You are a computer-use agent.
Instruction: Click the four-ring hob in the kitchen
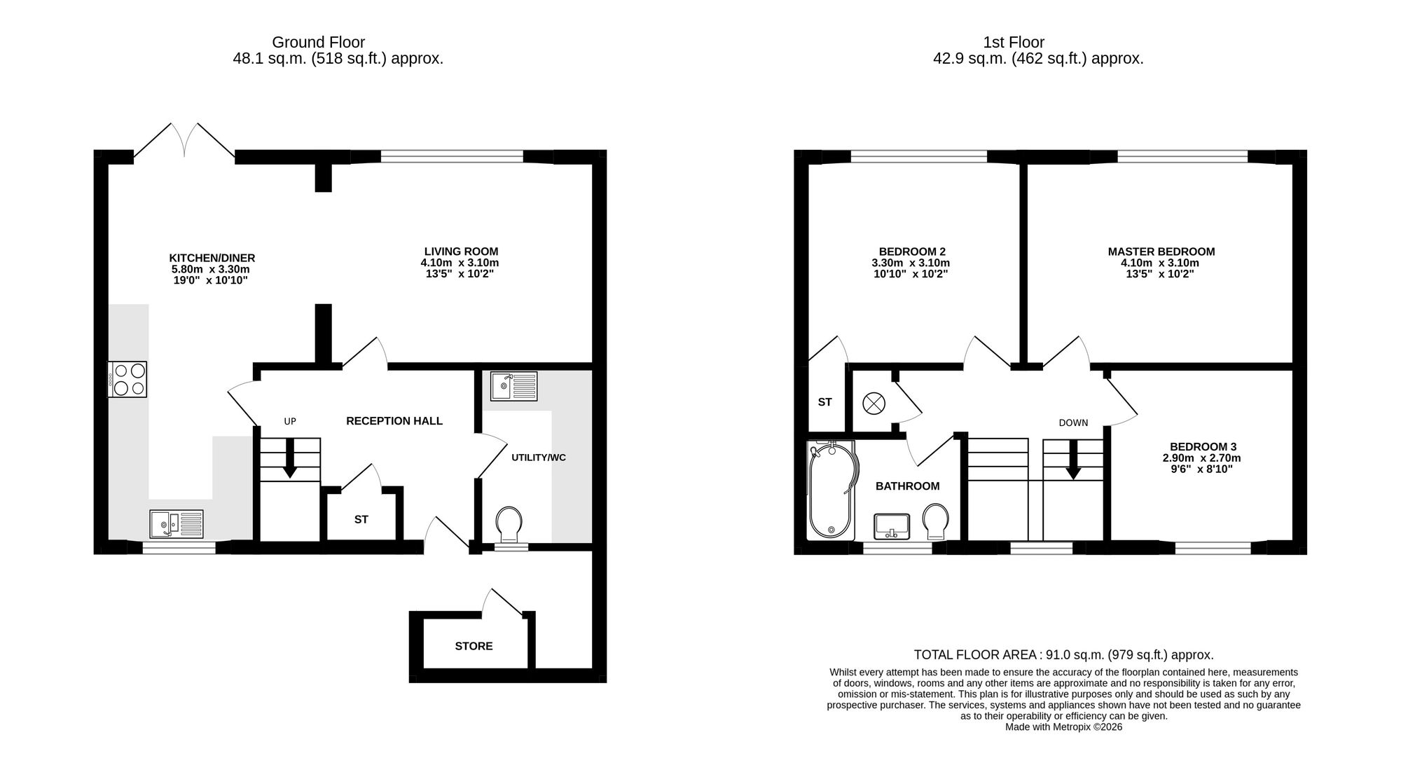(127, 379)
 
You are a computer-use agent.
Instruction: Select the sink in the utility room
(514, 386)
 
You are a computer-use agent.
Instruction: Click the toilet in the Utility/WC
(509, 526)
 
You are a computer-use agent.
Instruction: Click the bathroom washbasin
(892, 526)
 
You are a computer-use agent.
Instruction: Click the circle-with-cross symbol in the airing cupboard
(874, 403)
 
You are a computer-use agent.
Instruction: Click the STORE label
(474, 646)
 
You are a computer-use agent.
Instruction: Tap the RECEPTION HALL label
(394, 421)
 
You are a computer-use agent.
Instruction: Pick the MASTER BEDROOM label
(1161, 252)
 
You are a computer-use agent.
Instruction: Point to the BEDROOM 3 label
(1203, 447)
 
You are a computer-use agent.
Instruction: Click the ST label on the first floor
(824, 402)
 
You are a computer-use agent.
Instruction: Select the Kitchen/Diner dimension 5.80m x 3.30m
(211, 269)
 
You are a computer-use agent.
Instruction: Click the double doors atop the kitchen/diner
(184, 140)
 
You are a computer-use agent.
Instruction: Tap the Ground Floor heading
(319, 43)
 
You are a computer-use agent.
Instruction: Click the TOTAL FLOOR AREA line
(1063, 655)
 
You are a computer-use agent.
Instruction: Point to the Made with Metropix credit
(1063, 727)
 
